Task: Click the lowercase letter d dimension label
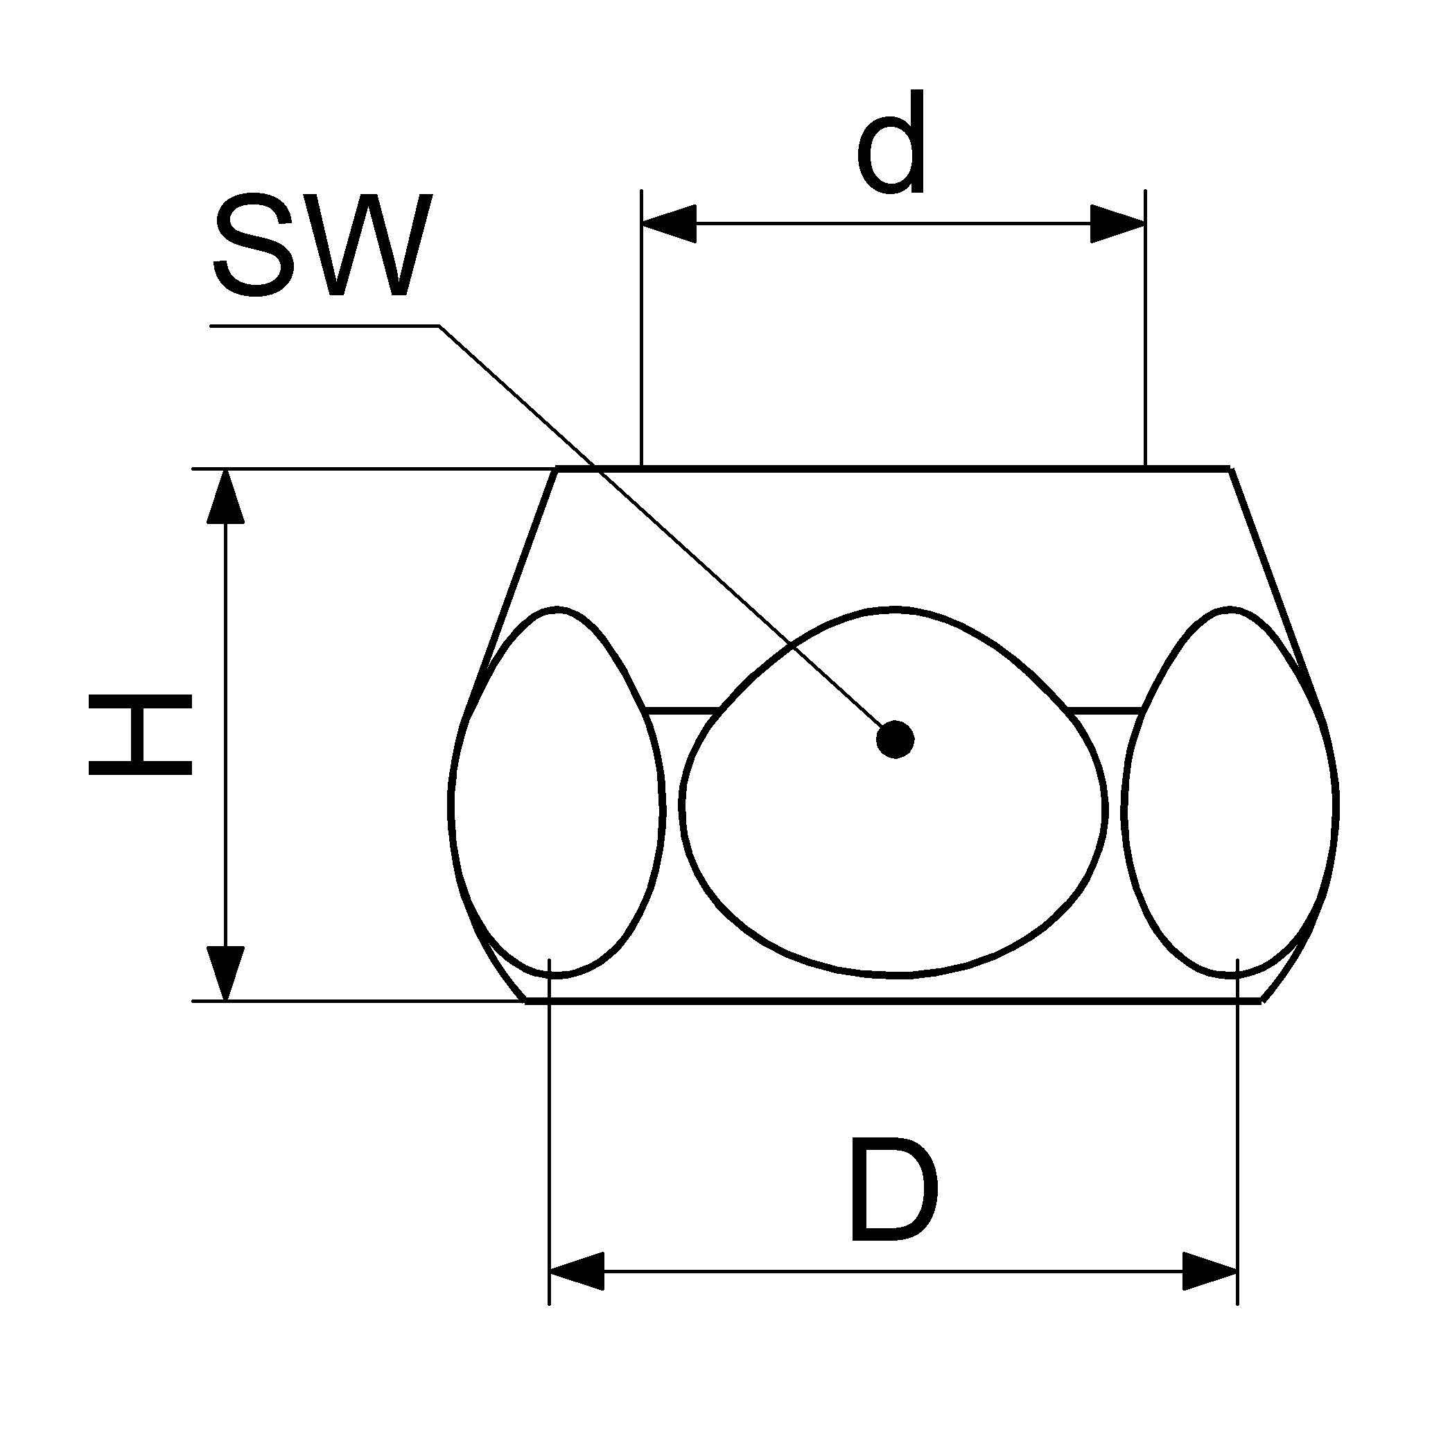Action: [891, 143]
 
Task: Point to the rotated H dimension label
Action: [140, 735]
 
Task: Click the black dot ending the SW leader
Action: [895, 739]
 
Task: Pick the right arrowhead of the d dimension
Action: [1117, 222]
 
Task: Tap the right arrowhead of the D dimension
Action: [1210, 1271]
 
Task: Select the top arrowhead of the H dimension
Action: [225, 498]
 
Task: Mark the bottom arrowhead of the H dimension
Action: [225, 972]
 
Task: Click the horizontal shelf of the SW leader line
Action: [326, 324]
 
